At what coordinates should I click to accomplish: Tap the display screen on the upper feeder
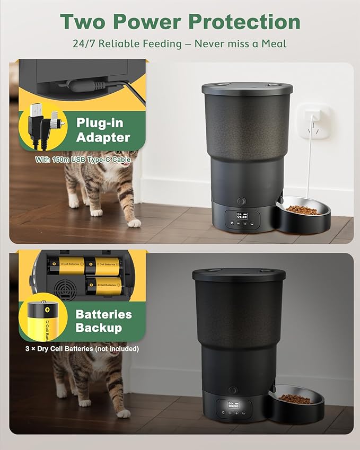click(242, 216)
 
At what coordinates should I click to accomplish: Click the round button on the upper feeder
click(242, 202)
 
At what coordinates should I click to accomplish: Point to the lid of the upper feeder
click(247, 88)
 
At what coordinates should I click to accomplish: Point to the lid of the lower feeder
click(239, 275)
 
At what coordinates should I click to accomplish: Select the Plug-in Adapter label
click(103, 130)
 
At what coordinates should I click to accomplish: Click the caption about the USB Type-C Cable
click(83, 159)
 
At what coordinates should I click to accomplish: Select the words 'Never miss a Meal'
click(240, 43)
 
